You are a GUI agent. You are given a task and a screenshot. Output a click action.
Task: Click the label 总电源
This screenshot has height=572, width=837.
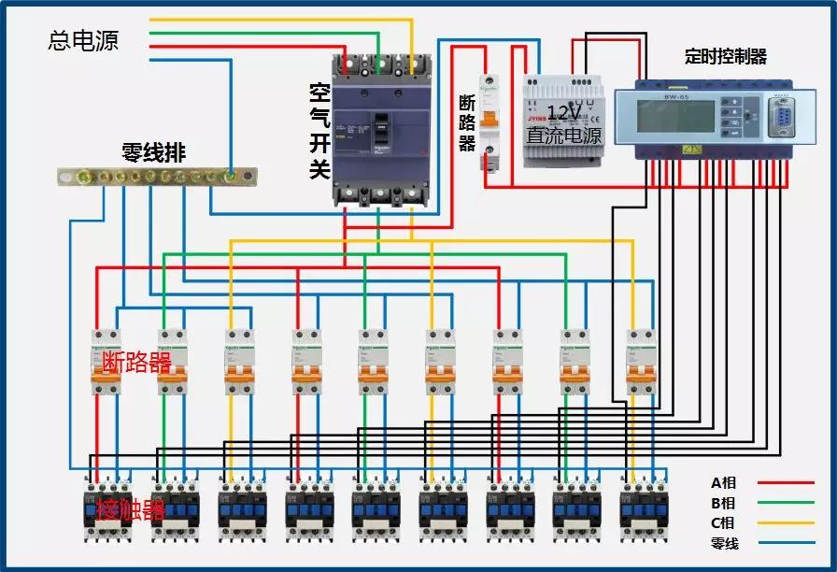pyautogui.click(x=83, y=41)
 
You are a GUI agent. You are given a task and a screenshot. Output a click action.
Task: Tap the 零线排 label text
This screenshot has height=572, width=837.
pyautogui.click(x=154, y=152)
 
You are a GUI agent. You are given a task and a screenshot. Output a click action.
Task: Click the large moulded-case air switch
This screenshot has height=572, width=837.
pyautogui.click(x=380, y=131)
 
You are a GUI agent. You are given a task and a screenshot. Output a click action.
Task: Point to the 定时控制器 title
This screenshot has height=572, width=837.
pyautogui.click(x=725, y=57)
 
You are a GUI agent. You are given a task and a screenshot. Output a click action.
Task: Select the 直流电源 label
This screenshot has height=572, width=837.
pyautogui.click(x=563, y=136)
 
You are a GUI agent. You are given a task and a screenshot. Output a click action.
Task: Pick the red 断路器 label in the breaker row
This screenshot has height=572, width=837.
pyautogui.click(x=137, y=363)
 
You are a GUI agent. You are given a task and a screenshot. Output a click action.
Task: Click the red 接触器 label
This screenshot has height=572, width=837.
pyautogui.click(x=131, y=510)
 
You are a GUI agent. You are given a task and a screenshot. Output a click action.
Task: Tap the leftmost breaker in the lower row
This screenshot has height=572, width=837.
pyautogui.click(x=106, y=361)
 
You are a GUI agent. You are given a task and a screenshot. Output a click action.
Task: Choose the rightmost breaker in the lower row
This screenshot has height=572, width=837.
pyautogui.click(x=642, y=361)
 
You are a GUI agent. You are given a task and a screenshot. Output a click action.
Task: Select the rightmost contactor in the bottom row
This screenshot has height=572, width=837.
pyautogui.click(x=645, y=509)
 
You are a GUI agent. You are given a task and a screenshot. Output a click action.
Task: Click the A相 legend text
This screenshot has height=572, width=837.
pyautogui.click(x=724, y=483)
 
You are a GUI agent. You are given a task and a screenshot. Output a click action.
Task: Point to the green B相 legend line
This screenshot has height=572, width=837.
pyautogui.click(x=785, y=503)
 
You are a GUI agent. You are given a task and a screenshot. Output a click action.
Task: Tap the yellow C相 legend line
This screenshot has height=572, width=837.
pyautogui.click(x=785, y=522)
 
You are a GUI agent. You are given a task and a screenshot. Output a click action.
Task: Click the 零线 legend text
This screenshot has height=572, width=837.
pyautogui.click(x=724, y=543)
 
